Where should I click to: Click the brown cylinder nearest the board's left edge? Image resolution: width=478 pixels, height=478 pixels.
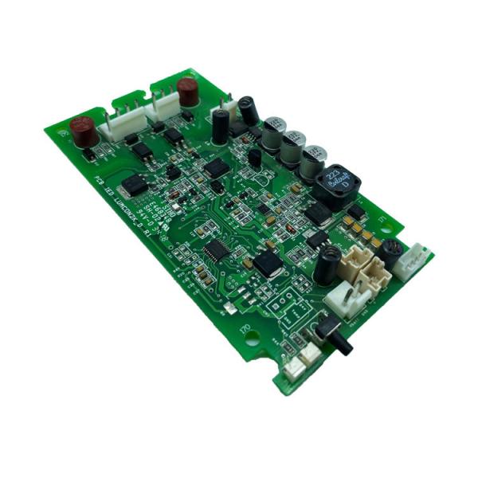80,129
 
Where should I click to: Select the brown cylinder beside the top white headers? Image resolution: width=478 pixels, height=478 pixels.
188,91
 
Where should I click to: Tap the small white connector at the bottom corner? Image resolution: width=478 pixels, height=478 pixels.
293,366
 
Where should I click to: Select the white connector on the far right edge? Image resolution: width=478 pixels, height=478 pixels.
416,261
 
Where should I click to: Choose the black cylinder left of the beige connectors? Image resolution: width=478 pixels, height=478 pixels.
327,265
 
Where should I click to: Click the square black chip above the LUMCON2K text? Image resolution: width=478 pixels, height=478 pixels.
136,184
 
